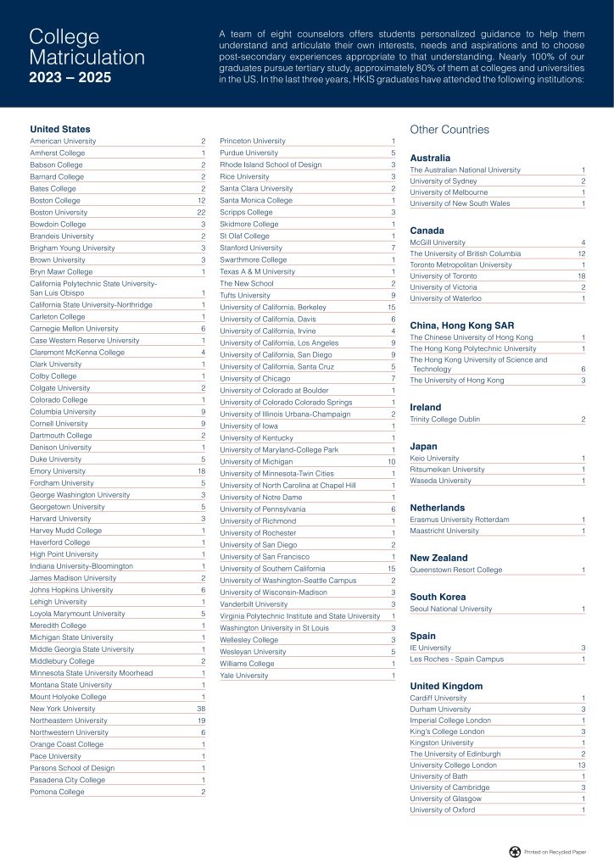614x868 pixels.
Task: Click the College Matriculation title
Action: point(87,47)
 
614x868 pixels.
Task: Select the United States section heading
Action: point(59,129)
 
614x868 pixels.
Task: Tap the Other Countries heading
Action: point(449,130)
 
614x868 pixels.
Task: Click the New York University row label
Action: point(63,708)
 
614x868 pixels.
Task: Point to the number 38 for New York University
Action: point(201,708)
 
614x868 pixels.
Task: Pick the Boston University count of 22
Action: point(201,212)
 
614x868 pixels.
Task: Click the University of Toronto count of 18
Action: point(581,276)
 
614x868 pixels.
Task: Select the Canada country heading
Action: point(427,230)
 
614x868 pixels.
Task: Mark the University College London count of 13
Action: point(581,765)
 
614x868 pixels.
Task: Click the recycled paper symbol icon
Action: point(514,851)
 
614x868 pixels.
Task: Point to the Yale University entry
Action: point(243,676)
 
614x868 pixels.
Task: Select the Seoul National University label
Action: point(450,609)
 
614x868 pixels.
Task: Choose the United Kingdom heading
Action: point(446,686)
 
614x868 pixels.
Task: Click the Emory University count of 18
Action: point(201,470)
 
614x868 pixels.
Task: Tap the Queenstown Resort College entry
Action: point(455,570)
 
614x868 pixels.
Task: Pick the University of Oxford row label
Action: point(442,810)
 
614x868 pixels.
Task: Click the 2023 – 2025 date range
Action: point(70,78)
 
